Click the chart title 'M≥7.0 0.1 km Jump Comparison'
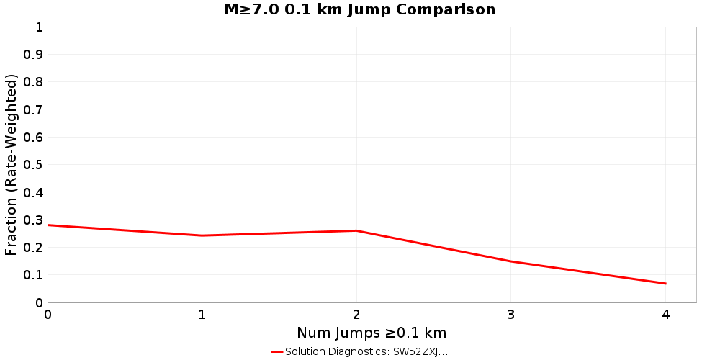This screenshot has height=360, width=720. pos(360,10)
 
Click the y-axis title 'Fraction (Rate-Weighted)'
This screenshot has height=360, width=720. pos(11,165)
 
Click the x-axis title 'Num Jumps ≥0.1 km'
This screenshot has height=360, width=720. pos(372,333)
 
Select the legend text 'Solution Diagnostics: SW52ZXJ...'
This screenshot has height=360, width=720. pos(366,351)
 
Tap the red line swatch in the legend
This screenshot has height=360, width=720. pos(277,351)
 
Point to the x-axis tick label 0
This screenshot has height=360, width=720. pos(48,315)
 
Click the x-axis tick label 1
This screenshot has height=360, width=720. pos(202,315)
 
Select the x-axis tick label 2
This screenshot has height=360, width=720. pos(356,315)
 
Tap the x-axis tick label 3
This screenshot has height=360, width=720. pos(511,315)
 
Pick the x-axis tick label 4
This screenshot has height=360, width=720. pos(666,315)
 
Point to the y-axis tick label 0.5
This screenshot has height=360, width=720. pos(33,165)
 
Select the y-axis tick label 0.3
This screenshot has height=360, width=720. pos(33,220)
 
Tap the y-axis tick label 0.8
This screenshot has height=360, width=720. pos(33,82)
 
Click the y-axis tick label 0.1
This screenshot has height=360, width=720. pos(33,275)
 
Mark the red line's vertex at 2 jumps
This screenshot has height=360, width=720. pos(356,230)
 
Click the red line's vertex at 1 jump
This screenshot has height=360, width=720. pos(202,235)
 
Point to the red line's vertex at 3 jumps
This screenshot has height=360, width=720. pos(511,261)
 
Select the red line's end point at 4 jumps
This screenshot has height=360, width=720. pos(666,284)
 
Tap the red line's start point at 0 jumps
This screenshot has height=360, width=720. pos(48,225)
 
